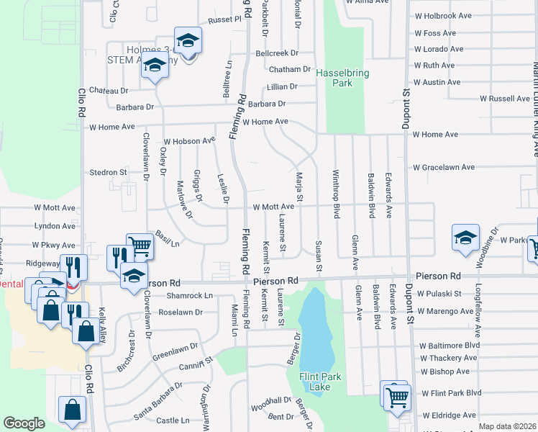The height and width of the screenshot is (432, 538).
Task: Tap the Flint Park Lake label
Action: [314, 382]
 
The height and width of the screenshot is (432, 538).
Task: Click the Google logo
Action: [24, 423]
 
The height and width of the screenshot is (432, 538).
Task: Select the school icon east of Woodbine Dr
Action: [465, 238]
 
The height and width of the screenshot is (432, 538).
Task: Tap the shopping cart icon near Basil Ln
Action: [140, 246]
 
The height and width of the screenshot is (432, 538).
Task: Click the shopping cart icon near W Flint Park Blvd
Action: [397, 397]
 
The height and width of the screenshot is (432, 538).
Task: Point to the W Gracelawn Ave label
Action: [444, 167]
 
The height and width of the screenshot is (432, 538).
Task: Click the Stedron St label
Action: [108, 173]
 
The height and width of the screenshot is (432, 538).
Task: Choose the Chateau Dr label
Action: [108, 91]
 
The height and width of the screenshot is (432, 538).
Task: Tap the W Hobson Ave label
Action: [190, 140]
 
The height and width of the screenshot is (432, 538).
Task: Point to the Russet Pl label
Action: [224, 20]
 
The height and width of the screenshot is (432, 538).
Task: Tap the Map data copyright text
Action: [507, 426]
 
